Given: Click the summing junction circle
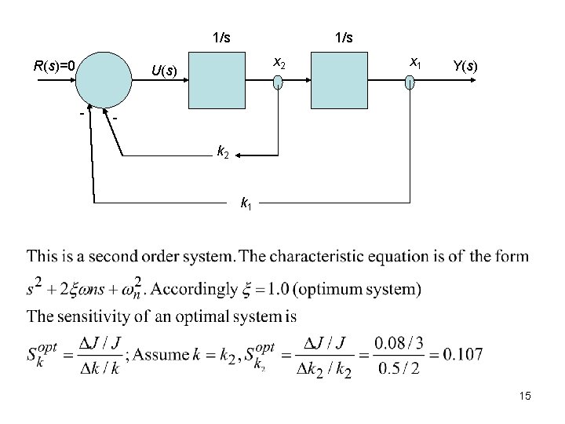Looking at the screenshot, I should pyautogui.click(x=106, y=79).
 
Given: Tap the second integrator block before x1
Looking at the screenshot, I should pyautogui.click(x=339, y=79).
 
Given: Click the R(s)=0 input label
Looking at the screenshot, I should pyautogui.click(x=54, y=66).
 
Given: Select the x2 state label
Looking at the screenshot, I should pyautogui.click(x=279, y=62).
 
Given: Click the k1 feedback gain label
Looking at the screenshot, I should pyautogui.click(x=245, y=205).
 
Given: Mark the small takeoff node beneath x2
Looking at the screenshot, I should pyautogui.click(x=278, y=83).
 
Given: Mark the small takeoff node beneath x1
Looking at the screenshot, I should pyautogui.click(x=409, y=83).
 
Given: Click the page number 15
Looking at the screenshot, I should pyautogui.click(x=525, y=397).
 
